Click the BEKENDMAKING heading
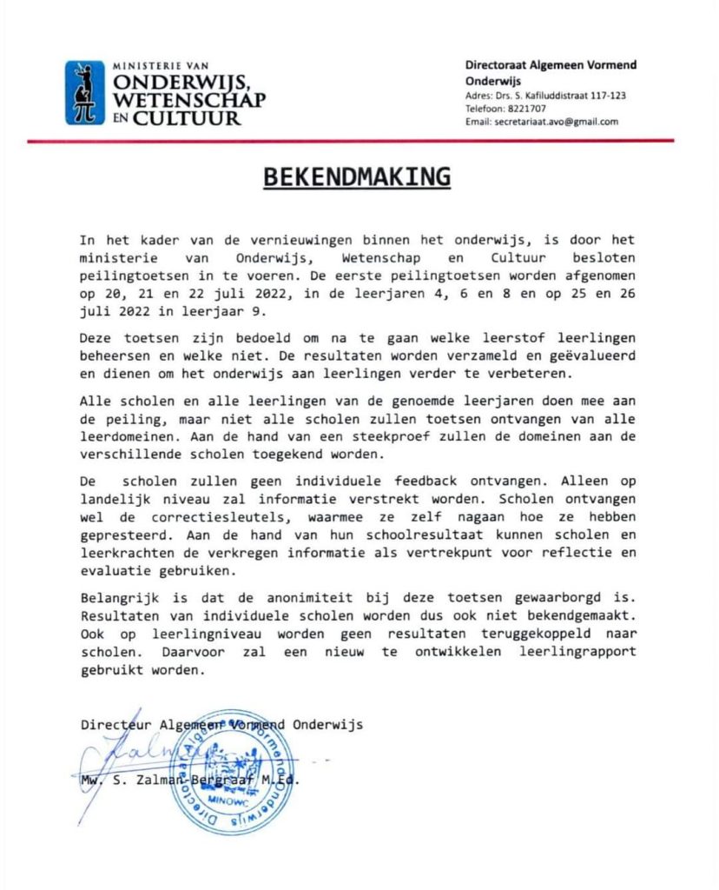tap(357, 176)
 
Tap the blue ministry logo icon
tap(84, 92)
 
